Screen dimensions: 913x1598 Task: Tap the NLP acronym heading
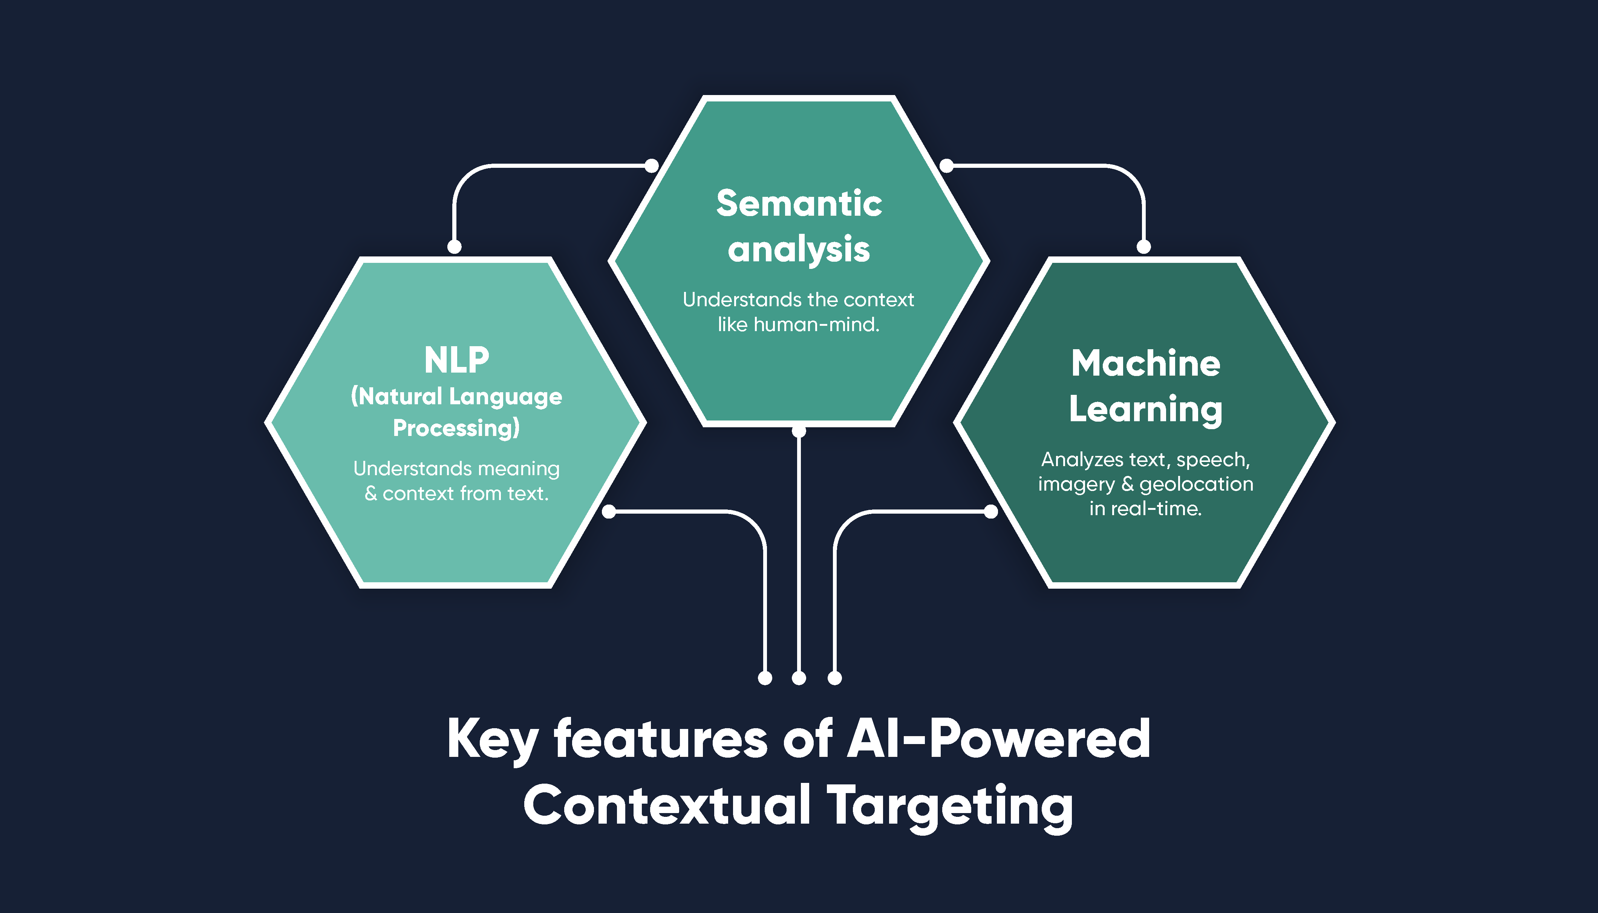[x=456, y=361]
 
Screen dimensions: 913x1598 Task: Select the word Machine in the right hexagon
[x=1145, y=363]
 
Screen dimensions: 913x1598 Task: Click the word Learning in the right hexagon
[x=1145, y=410]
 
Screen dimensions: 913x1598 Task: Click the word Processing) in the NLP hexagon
[x=456, y=428]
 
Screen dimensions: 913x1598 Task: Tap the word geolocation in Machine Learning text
[x=1196, y=484]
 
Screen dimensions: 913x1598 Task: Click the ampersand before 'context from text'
[x=371, y=494]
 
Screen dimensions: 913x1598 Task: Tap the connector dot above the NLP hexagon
[x=454, y=246]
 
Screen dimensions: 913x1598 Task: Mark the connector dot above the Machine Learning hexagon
[x=1144, y=246]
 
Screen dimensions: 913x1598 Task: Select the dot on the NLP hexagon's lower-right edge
[x=609, y=512]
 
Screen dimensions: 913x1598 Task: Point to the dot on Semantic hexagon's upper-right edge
[x=946, y=166]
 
